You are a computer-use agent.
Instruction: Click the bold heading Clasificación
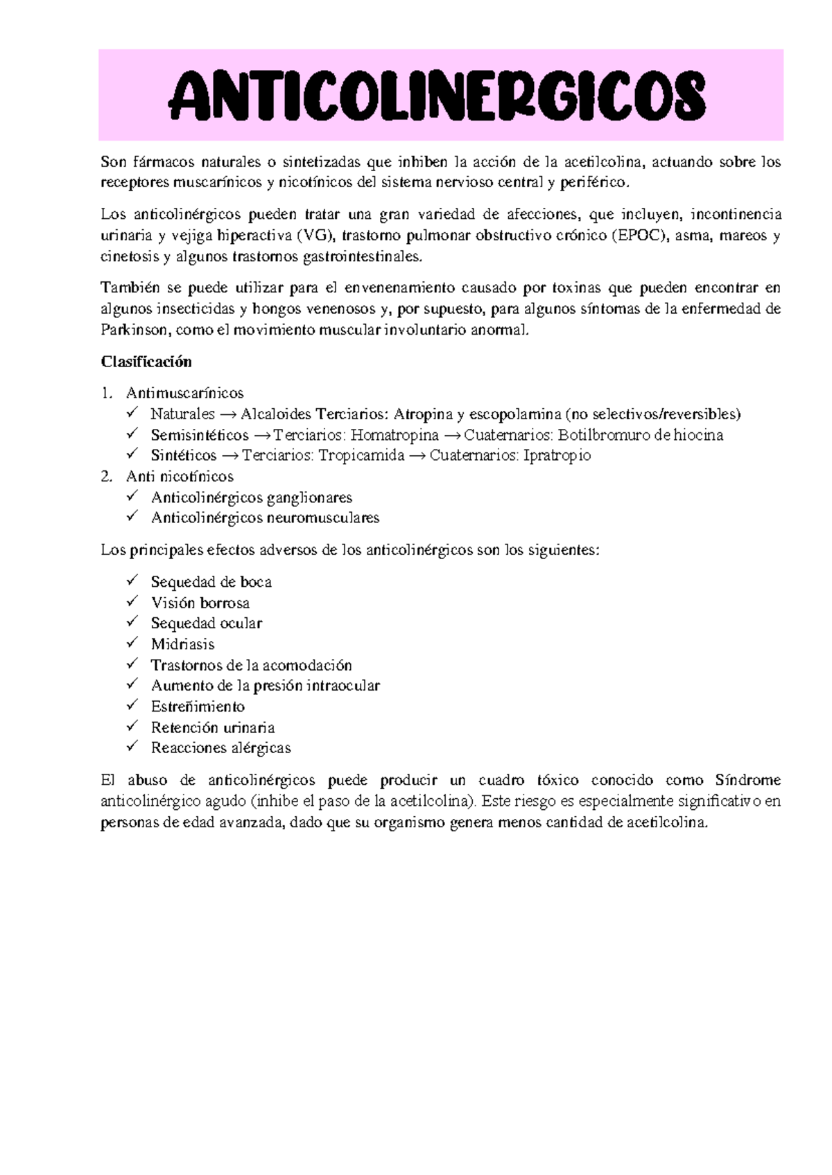146,362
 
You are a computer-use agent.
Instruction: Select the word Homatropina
395,435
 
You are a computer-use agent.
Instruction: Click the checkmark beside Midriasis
132,643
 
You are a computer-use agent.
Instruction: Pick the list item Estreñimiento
198,707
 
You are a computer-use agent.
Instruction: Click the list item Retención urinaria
213,727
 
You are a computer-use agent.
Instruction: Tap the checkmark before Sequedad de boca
132,581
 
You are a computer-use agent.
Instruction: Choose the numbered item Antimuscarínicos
184,394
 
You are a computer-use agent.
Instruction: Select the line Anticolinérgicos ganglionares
251,497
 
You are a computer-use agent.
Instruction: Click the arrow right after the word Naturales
227,415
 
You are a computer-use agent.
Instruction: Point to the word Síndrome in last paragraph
747,780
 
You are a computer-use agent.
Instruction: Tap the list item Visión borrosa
200,603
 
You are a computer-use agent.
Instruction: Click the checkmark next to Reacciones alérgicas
132,747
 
